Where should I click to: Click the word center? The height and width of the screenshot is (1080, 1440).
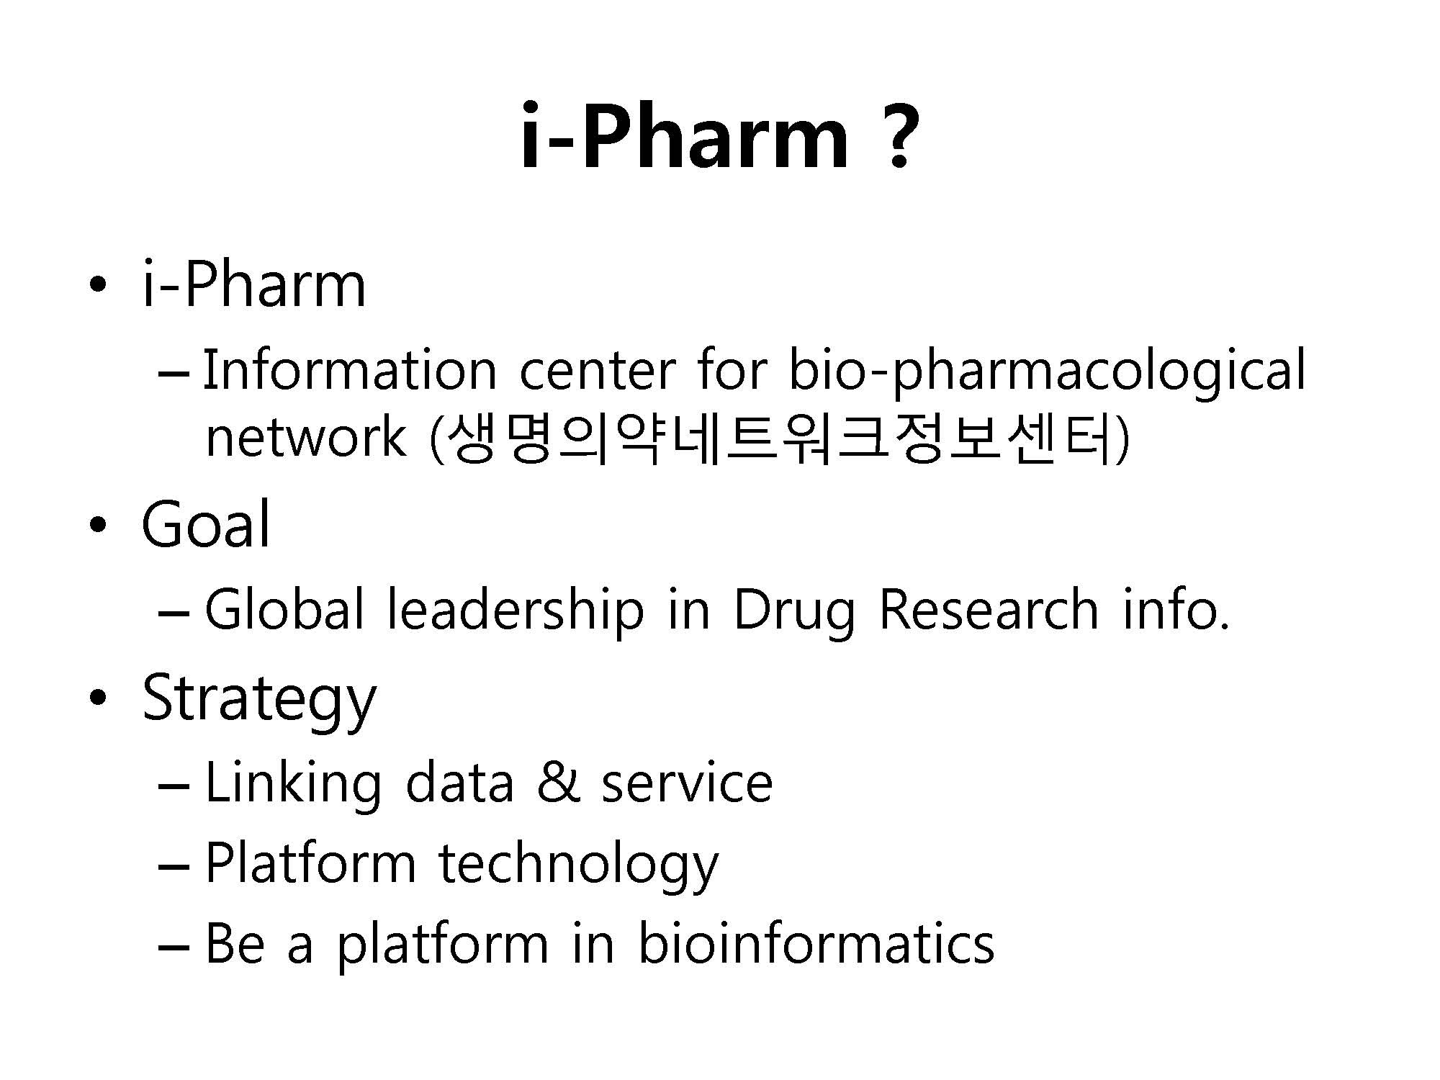(x=597, y=372)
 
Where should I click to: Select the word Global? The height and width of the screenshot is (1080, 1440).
(x=284, y=609)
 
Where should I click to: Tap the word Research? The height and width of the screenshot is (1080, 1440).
(x=989, y=609)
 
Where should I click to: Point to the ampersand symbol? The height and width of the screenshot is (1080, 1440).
(x=557, y=782)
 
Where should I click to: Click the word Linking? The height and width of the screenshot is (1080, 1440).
(x=293, y=786)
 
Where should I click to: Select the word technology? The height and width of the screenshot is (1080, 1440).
(x=578, y=865)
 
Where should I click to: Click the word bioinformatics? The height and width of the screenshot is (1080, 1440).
(x=816, y=942)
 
